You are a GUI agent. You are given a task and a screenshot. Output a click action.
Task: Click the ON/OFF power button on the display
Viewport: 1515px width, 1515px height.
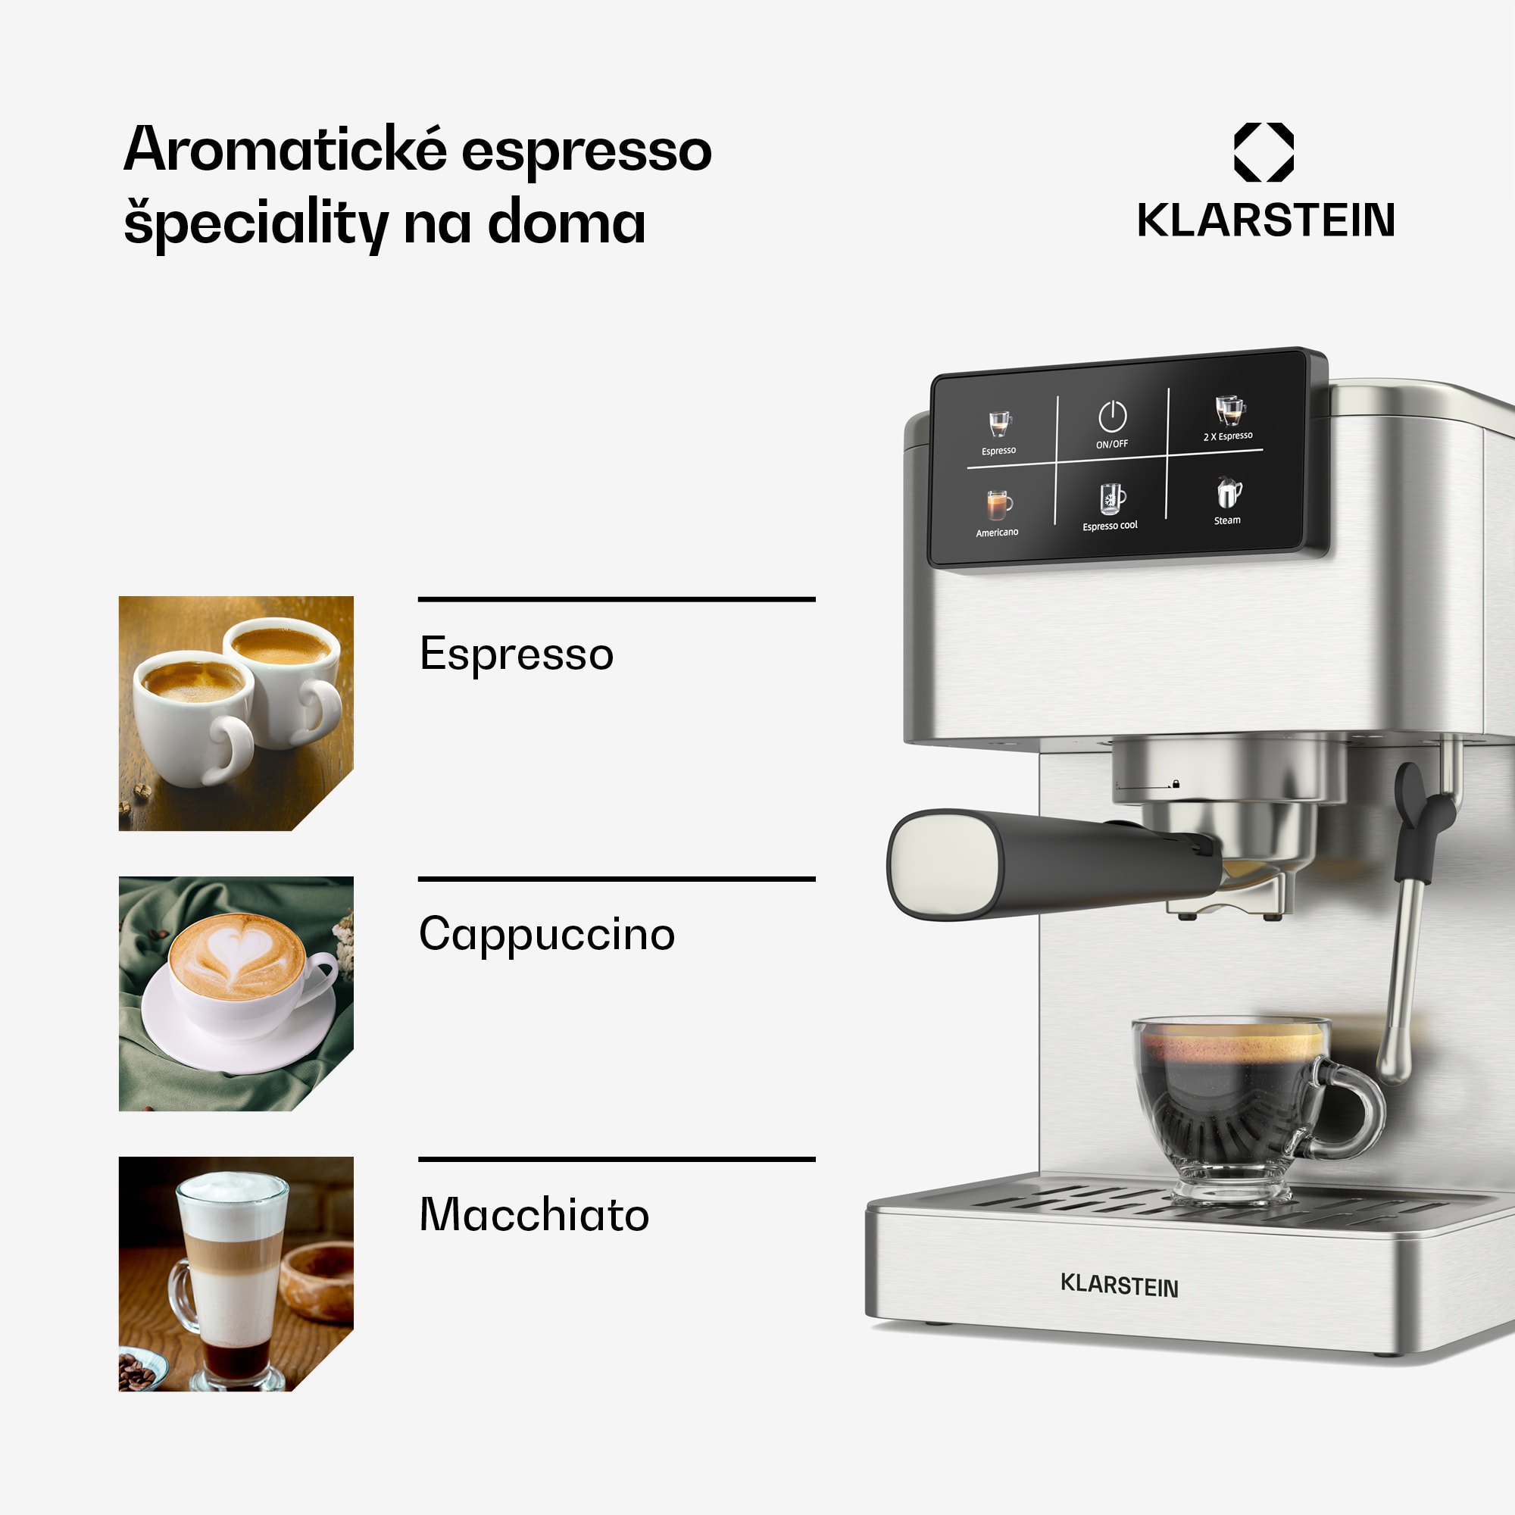click(1112, 424)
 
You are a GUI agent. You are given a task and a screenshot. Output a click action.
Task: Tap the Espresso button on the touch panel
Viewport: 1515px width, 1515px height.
click(999, 432)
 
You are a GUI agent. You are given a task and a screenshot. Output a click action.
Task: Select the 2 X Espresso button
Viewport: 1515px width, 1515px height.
click(1229, 417)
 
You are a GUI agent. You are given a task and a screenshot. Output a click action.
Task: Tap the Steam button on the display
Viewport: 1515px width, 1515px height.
click(1228, 499)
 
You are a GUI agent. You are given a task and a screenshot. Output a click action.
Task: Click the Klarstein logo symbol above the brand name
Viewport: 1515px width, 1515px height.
click(1264, 152)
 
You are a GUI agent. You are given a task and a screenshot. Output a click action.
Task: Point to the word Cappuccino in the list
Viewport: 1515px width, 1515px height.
click(547, 934)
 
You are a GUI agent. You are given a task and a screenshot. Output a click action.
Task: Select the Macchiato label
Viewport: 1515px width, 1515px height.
click(534, 1215)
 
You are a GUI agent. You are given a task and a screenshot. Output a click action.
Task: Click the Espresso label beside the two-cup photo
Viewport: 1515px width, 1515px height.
click(516, 654)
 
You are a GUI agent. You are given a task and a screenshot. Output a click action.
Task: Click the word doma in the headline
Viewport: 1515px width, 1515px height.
click(566, 223)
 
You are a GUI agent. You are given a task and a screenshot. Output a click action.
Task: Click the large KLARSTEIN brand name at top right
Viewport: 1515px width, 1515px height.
click(1266, 220)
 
